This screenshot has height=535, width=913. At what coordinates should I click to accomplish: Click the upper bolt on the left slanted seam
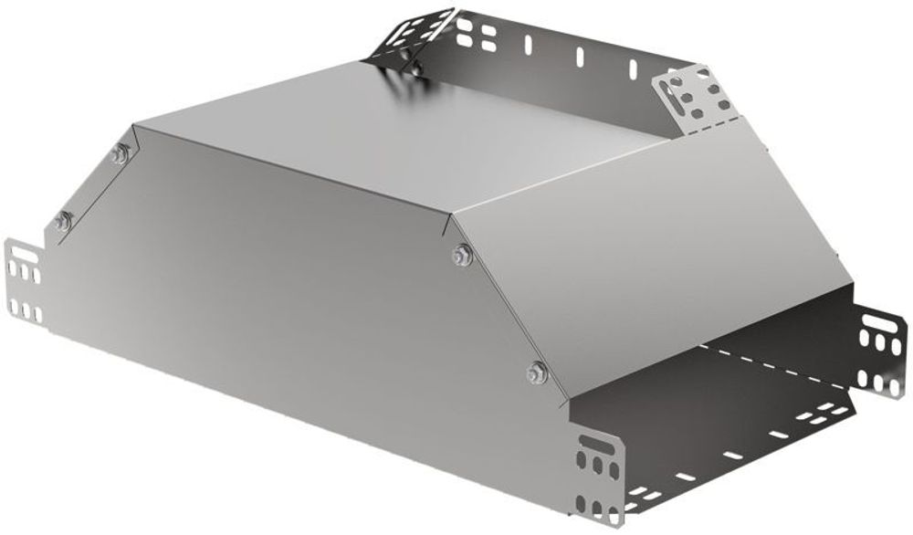coord(120,155)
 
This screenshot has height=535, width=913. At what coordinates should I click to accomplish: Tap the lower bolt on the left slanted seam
coord(62,219)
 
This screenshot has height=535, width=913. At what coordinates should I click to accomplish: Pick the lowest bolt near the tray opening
coord(537,372)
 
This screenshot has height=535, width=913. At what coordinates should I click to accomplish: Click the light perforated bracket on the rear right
coord(693,99)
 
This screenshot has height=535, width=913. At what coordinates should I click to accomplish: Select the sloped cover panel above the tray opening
coord(657,237)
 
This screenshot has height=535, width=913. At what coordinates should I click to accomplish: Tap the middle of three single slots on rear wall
coord(578,55)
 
